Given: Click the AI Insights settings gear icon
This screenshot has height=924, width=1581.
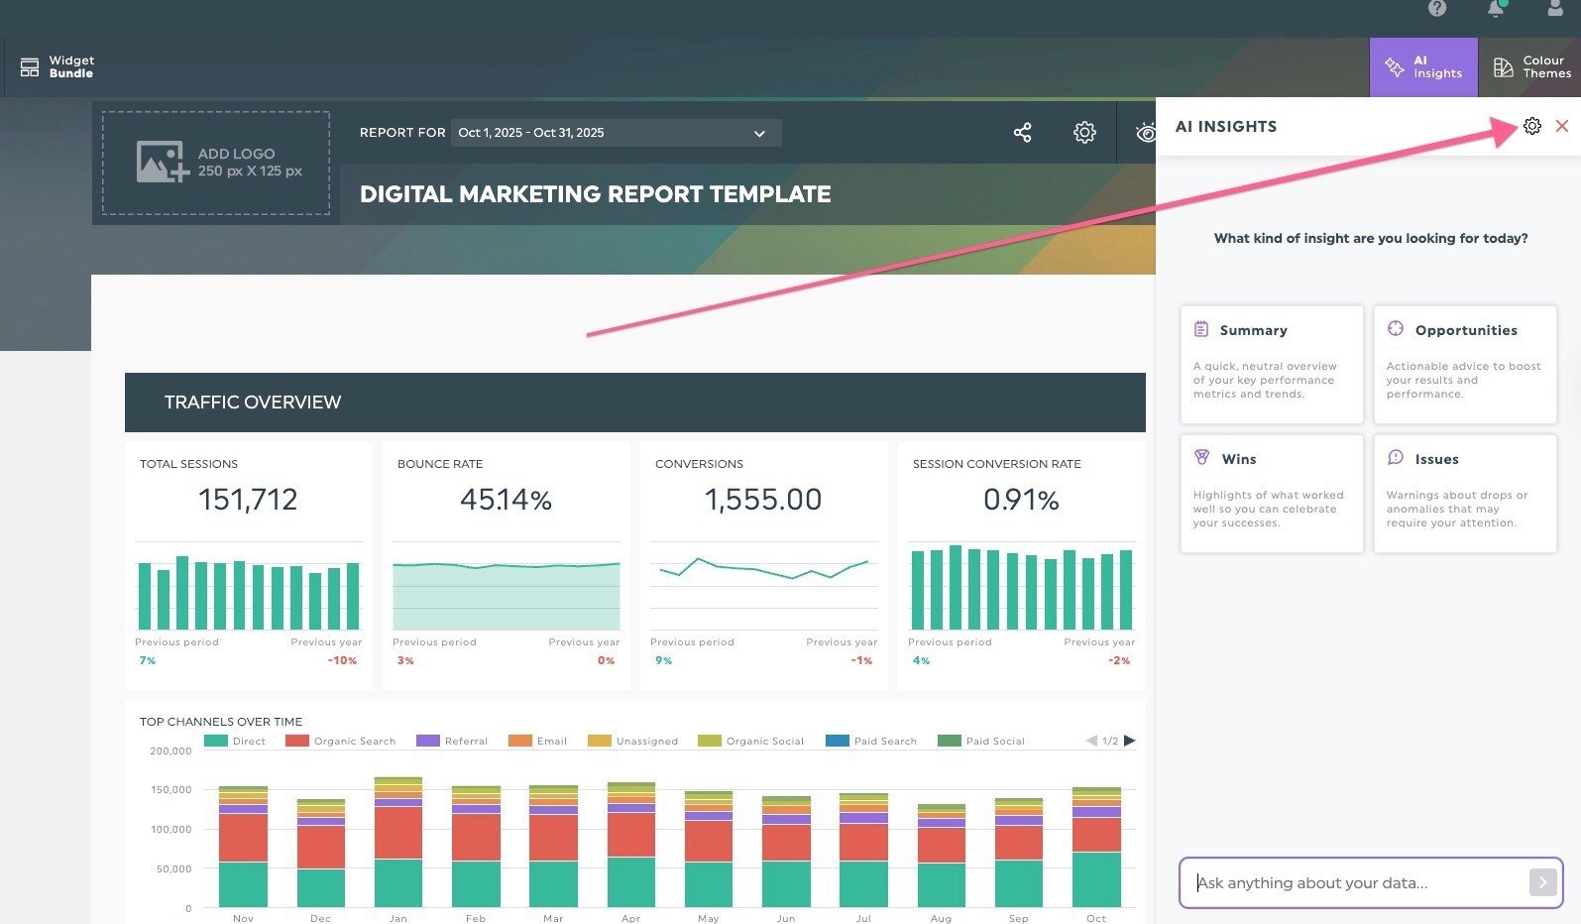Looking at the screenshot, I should pos(1532,126).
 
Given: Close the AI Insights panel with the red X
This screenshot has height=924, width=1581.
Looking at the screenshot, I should pos(1562,126).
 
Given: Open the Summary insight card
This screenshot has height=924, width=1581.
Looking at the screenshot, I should pos(1272,364).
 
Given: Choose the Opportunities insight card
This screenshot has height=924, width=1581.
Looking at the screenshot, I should pos(1464,364).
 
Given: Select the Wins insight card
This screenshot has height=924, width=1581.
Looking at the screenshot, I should pos(1272,493).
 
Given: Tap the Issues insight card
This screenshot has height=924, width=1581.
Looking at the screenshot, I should pos(1464,493).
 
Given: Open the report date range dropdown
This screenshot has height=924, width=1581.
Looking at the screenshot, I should pos(616,133).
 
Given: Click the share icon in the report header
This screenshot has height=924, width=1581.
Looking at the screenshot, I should pos(1022,132).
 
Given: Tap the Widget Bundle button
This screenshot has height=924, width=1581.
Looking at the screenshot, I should pos(57,66).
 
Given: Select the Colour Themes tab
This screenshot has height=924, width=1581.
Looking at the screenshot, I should pos(1530,66).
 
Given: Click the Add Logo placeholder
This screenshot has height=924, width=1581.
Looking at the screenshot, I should pos(216,163).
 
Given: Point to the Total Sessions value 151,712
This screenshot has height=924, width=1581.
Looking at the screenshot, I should pos(248,499).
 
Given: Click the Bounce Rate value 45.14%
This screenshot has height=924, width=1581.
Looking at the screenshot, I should pos(506,499).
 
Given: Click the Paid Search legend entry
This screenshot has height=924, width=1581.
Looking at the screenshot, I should pos(872,741).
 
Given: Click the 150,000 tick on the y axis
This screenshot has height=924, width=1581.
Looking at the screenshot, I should pos(171,790).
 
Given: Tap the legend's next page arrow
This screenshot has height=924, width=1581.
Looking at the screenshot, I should pos(1129,741).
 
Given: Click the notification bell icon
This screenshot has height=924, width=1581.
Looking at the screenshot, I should pos(1496,9).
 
